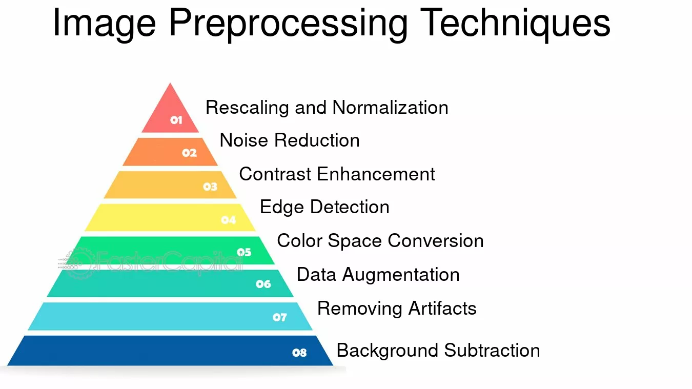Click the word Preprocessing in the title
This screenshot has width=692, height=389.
click(289, 25)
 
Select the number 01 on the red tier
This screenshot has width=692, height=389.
click(176, 120)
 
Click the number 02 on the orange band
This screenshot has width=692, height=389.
click(189, 153)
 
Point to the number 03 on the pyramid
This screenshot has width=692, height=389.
click(210, 187)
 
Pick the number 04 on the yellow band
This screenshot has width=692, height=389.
click(229, 220)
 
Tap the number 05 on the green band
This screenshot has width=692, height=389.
click(244, 253)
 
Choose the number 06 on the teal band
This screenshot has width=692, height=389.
click(263, 284)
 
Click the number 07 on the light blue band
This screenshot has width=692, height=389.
click(280, 317)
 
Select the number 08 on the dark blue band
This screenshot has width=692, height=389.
click(299, 353)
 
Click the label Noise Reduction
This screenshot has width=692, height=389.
click(290, 140)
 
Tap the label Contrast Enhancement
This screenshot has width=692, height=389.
click(337, 174)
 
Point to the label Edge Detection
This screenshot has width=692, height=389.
click(324, 208)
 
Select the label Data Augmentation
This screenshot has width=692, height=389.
click(378, 275)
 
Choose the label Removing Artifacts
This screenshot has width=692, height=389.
click(397, 309)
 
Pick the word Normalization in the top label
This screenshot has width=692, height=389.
click(390, 108)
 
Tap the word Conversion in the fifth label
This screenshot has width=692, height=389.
click(436, 241)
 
